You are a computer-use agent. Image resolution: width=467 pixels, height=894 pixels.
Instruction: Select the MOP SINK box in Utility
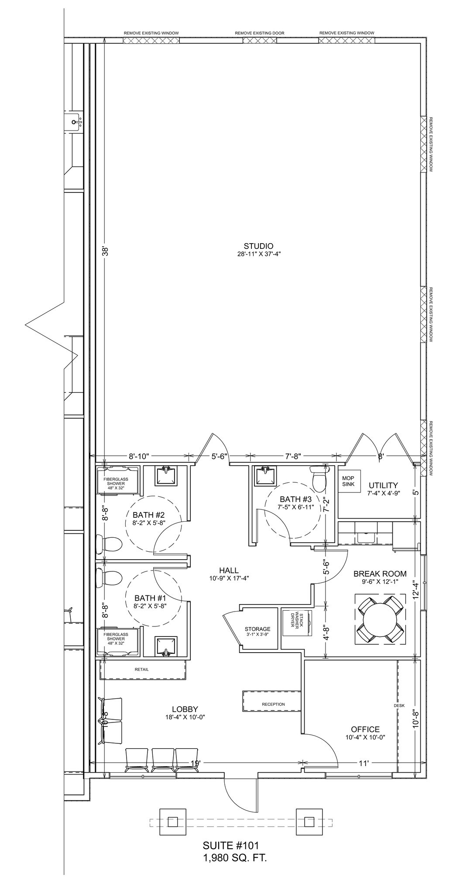pyautogui.click(x=348, y=481)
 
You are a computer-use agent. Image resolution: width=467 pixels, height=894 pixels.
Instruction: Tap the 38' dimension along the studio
pyautogui.click(x=105, y=252)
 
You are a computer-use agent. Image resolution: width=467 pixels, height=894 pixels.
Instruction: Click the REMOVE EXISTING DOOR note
pyautogui.click(x=260, y=33)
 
